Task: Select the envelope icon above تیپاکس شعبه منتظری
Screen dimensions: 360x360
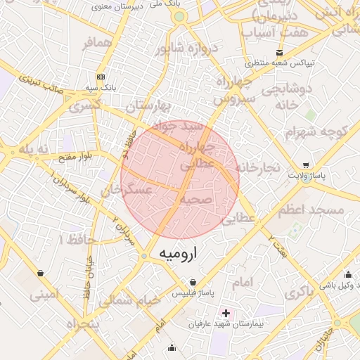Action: pyautogui.click(x=280, y=53)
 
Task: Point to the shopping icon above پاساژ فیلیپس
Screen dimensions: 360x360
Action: pyautogui.click(x=193, y=283)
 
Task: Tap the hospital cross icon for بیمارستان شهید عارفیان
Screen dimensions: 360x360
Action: pyautogui.click(x=225, y=312)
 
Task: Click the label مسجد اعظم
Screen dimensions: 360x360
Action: pyautogui.click(x=311, y=210)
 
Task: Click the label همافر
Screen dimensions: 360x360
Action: pyautogui.click(x=96, y=44)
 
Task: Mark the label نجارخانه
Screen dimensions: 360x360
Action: pyautogui.click(x=258, y=167)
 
